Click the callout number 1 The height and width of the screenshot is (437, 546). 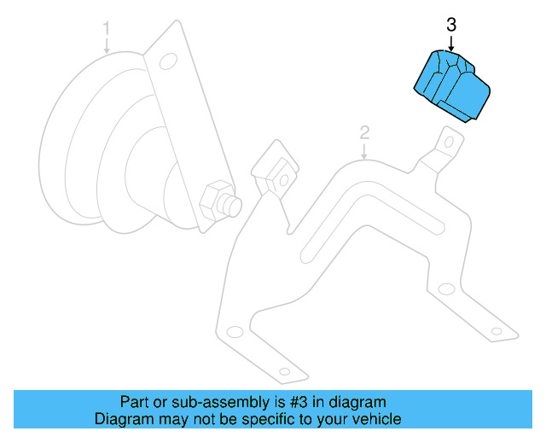point(107,29)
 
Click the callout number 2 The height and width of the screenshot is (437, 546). point(364,132)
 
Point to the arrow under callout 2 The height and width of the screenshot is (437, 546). point(364,151)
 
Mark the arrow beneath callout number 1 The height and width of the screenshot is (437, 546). point(107,46)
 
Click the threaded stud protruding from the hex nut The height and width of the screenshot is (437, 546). point(233,205)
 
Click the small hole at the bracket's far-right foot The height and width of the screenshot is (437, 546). point(496,329)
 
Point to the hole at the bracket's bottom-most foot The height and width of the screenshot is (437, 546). point(283,370)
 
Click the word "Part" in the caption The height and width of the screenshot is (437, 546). point(134,402)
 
